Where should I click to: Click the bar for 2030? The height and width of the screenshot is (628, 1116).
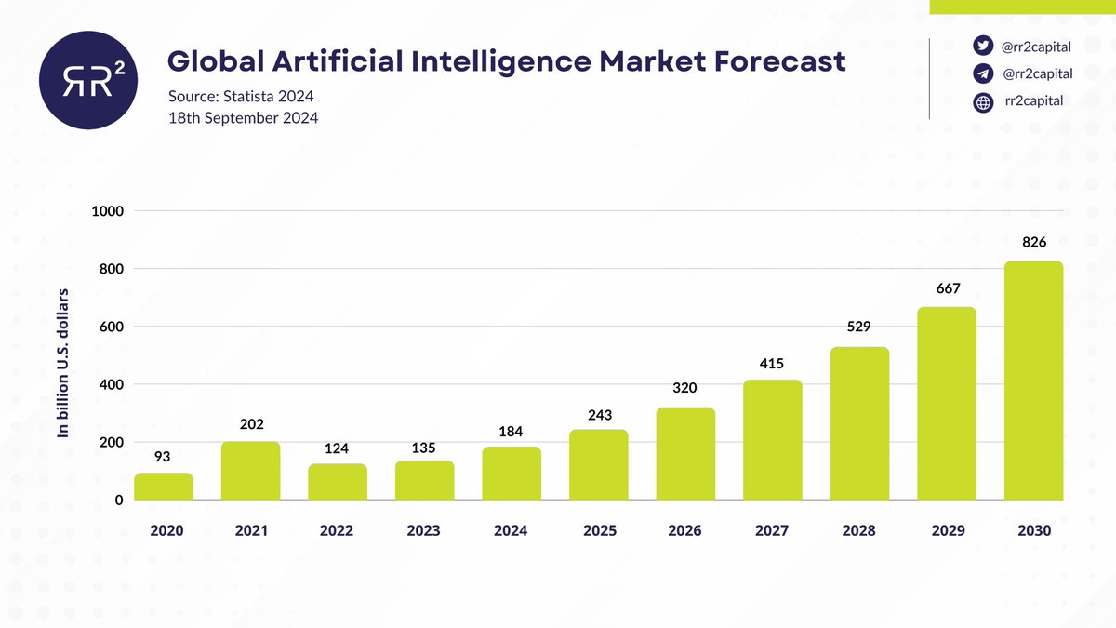[x=1033, y=381]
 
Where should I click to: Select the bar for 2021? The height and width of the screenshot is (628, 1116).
[x=250, y=471]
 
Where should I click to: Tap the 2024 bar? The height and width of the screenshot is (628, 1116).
[x=511, y=474]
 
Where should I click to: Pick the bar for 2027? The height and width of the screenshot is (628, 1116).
[x=772, y=440]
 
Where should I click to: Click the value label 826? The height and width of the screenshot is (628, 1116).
[x=1034, y=242]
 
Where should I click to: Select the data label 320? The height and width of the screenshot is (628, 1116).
[x=685, y=388]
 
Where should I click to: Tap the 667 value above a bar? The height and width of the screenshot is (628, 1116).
[x=947, y=288]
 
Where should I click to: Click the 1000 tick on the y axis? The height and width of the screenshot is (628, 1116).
[x=108, y=211]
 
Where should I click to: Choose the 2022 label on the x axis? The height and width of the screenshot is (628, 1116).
[x=337, y=530]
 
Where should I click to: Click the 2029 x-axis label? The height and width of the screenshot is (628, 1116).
[x=947, y=530]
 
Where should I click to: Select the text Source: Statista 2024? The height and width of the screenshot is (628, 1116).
[x=241, y=97]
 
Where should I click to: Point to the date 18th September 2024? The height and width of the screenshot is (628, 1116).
[x=243, y=118]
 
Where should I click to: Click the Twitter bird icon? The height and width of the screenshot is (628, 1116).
[x=982, y=46]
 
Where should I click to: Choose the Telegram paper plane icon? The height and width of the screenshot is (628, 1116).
[x=982, y=74]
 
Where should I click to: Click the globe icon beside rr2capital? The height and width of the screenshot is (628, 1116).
[x=982, y=103]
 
